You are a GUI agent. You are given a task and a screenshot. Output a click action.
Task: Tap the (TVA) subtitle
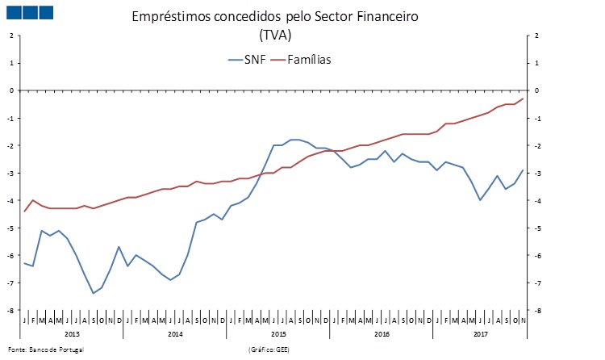[x=275, y=36]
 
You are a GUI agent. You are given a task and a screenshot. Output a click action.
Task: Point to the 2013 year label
[x=71, y=333]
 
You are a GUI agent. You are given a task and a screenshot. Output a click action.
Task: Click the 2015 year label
[x=277, y=333]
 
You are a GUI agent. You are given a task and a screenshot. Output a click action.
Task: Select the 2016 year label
[x=381, y=333]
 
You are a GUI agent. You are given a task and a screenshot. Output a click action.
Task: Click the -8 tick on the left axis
[x=11, y=311]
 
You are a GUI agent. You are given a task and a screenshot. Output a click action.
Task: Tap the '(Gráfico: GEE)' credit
[x=270, y=350]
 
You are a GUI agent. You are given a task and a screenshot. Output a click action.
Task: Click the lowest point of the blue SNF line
[x=93, y=293]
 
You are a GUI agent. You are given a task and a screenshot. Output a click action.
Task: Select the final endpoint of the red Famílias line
[x=523, y=98]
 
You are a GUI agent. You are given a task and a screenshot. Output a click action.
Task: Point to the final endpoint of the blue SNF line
[x=523, y=170]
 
